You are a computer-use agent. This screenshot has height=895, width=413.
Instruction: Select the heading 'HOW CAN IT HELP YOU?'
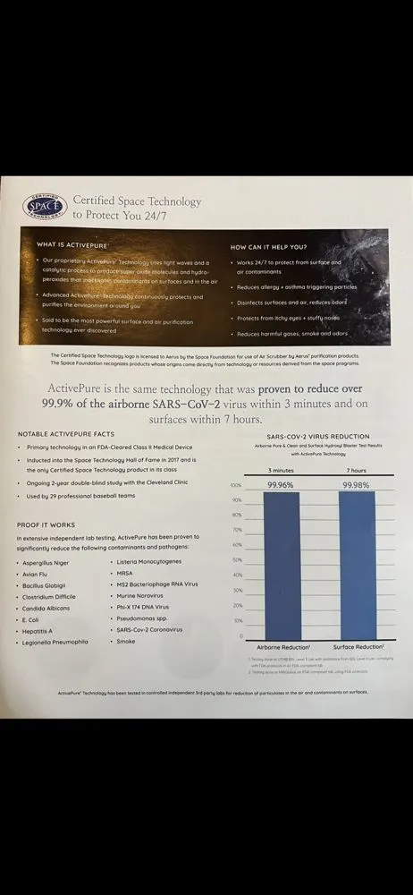268,246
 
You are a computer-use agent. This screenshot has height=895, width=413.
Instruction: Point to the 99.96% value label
282,484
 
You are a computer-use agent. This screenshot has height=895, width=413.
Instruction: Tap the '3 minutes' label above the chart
282,469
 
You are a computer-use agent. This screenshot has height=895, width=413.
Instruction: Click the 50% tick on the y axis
236,559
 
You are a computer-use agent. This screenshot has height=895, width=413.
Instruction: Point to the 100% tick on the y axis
235,485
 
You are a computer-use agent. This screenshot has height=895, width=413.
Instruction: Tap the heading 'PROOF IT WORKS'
46,524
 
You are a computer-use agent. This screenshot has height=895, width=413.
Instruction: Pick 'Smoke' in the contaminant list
126,641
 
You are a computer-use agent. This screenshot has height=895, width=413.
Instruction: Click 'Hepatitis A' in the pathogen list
41,630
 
